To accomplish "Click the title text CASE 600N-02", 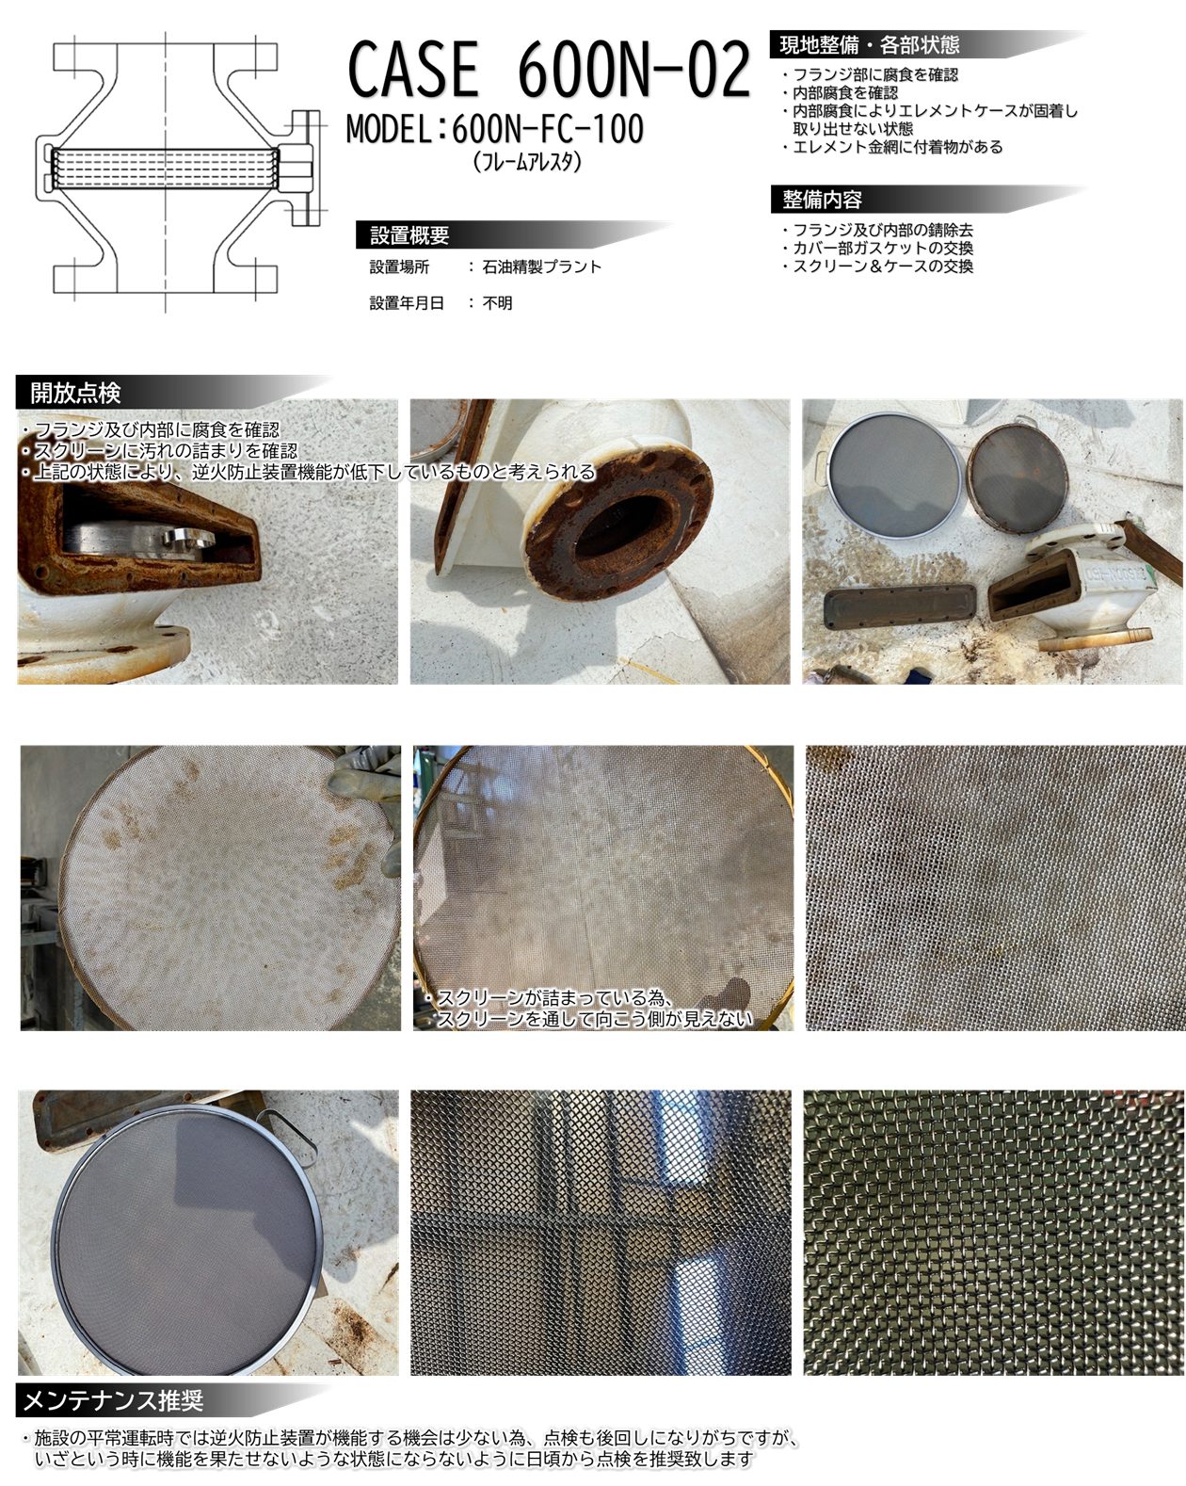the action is [x=549, y=69].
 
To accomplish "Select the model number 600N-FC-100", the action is [x=548, y=128].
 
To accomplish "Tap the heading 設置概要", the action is [x=409, y=235].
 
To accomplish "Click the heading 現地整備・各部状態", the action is [x=869, y=45].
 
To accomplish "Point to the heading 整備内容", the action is [x=822, y=200].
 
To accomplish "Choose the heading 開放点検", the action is [x=75, y=393].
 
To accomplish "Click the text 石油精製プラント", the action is [x=542, y=267].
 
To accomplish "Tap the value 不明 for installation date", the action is [x=497, y=302].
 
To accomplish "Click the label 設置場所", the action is [x=399, y=267].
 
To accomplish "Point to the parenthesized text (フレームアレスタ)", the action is [x=528, y=162].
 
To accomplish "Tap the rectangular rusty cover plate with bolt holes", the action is [x=900, y=607].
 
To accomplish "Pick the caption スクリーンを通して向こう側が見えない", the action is [x=594, y=1019].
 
